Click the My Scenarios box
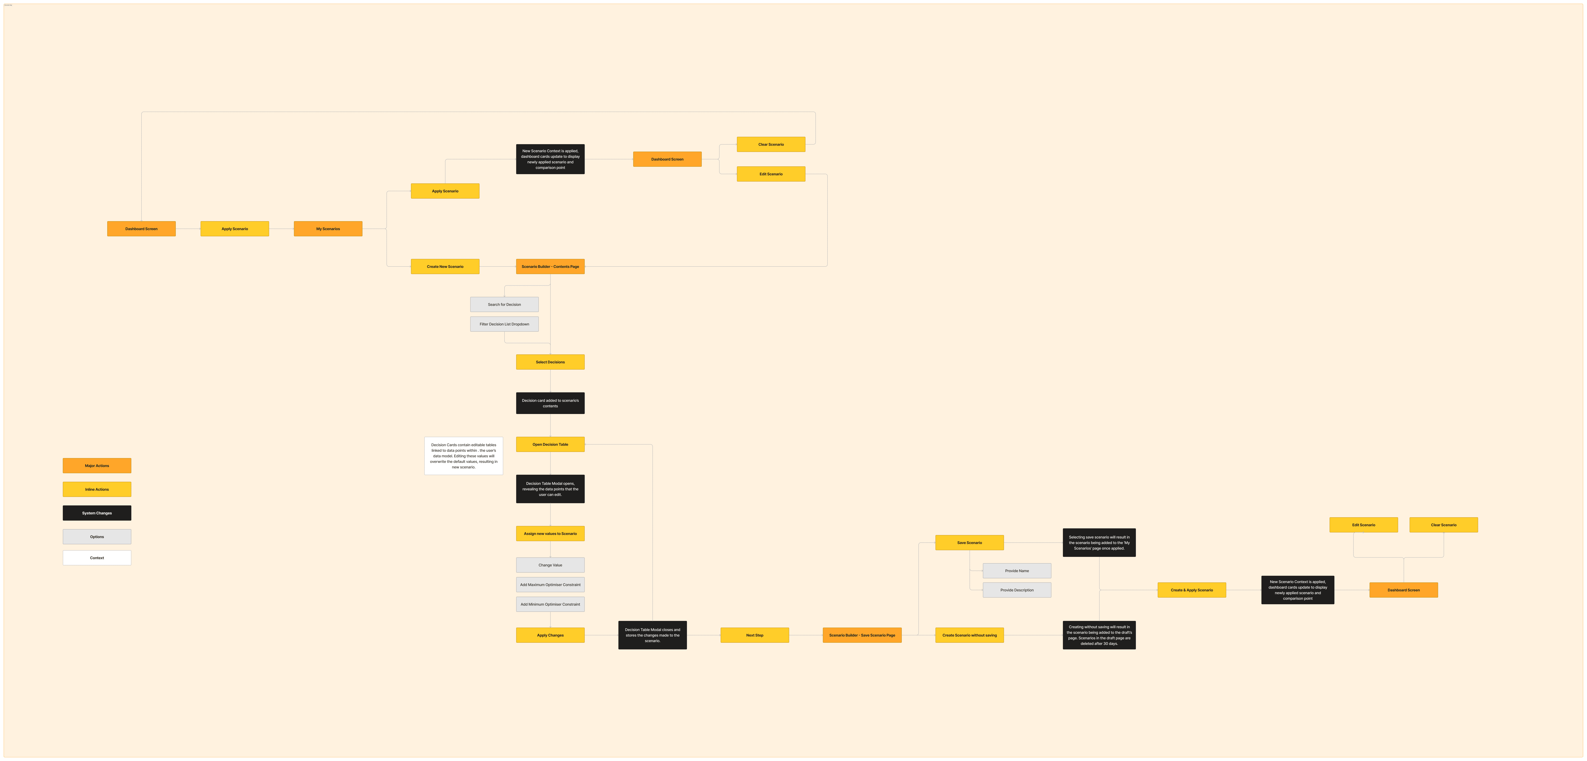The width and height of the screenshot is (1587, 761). point(328,228)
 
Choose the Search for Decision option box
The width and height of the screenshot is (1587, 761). point(504,304)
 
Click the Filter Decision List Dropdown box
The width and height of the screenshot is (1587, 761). point(504,324)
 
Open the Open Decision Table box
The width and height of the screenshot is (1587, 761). point(550,444)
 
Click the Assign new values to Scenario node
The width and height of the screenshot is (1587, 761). point(550,533)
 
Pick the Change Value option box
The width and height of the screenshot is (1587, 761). point(550,565)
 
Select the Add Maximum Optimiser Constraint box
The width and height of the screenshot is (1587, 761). point(550,584)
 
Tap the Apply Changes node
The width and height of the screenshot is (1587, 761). point(550,635)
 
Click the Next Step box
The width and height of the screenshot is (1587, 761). point(755,635)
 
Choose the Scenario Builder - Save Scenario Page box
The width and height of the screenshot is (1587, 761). point(862,635)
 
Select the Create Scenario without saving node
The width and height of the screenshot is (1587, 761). point(969,635)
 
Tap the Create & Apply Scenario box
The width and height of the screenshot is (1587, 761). point(1191,590)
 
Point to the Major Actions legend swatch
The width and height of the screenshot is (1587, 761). point(97,465)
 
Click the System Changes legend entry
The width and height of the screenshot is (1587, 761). point(97,513)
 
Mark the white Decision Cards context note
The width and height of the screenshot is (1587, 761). point(463,456)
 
